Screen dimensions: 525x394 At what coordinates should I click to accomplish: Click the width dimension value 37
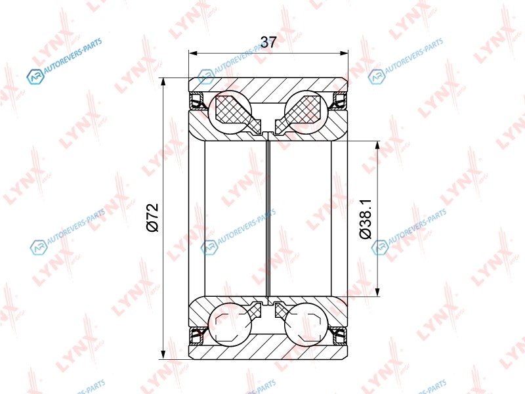(268, 42)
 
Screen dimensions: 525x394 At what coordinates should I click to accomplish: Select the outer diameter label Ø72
(152, 218)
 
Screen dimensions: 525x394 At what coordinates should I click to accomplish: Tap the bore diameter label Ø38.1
(366, 219)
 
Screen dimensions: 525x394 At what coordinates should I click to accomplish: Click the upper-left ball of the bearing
(230, 112)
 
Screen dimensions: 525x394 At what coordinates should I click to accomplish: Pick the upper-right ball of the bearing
(306, 112)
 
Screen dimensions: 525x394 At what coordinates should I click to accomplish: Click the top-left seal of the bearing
(197, 101)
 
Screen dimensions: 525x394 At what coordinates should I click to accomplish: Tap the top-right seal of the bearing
(339, 101)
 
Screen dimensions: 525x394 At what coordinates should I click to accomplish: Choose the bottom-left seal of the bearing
(197, 336)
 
